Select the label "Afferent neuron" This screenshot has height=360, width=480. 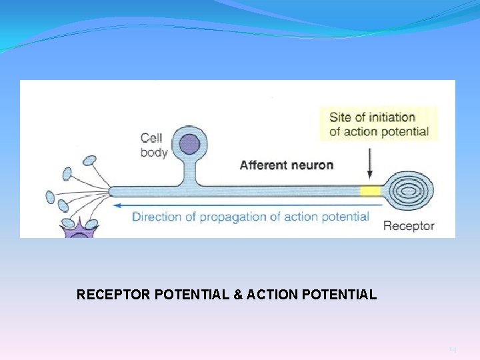[286, 165]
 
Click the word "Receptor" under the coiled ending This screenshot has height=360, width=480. [408, 226]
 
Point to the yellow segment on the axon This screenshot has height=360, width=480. [370, 191]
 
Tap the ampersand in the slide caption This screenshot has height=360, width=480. [238, 294]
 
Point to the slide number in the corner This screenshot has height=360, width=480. [453, 349]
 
